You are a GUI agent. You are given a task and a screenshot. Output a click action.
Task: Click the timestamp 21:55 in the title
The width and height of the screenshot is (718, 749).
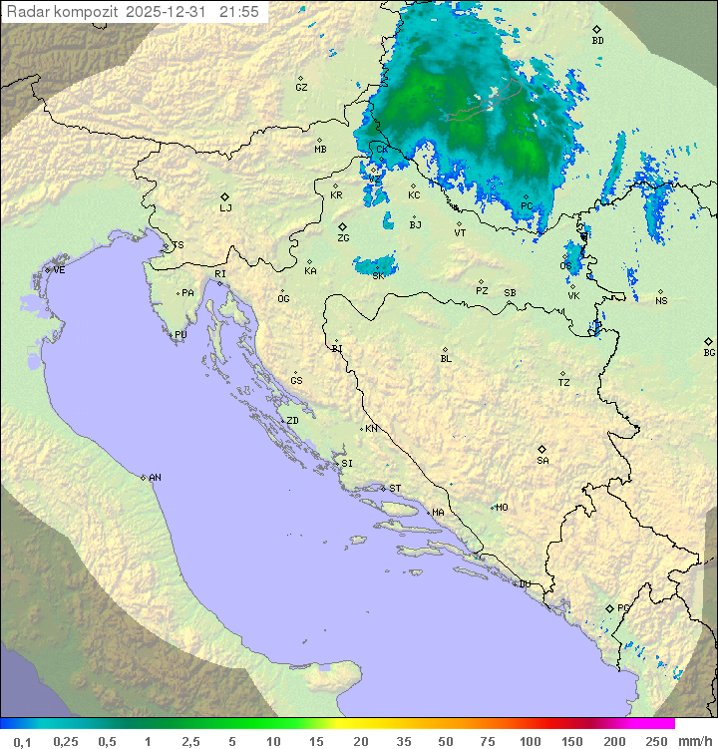(239, 12)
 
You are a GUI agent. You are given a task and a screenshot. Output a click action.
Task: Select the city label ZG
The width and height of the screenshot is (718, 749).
(343, 238)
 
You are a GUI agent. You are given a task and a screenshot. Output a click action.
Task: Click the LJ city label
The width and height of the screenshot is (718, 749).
(225, 207)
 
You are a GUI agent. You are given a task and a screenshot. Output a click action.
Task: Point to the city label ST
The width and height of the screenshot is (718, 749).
(395, 489)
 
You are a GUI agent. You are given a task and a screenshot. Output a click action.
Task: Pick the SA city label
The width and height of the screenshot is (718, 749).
(542, 460)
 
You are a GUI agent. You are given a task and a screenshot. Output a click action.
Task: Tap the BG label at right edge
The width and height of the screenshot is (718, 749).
(709, 352)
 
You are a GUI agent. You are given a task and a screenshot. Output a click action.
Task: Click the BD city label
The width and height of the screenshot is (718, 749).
(597, 41)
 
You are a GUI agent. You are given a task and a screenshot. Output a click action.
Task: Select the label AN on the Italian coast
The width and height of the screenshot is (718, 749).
(155, 478)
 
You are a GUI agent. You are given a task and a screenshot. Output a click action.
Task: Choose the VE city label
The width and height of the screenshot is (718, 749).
(59, 270)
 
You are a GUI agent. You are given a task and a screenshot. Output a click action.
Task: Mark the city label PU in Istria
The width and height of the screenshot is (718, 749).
(180, 335)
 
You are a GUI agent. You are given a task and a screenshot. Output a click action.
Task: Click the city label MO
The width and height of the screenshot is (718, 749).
(502, 507)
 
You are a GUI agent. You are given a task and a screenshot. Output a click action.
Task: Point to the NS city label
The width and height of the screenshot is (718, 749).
(661, 300)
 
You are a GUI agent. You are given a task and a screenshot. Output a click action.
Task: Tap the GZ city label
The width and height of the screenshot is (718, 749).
(301, 87)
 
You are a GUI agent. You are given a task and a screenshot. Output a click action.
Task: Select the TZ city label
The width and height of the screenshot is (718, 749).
(564, 382)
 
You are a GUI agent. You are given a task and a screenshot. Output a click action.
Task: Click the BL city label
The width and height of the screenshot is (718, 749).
(446, 358)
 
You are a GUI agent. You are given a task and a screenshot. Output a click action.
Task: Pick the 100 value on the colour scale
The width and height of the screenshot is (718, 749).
(530, 741)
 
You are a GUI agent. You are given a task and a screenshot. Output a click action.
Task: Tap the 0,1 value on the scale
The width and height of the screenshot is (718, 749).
(22, 741)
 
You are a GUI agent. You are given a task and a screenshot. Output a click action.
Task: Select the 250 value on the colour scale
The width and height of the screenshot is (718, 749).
(655, 741)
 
